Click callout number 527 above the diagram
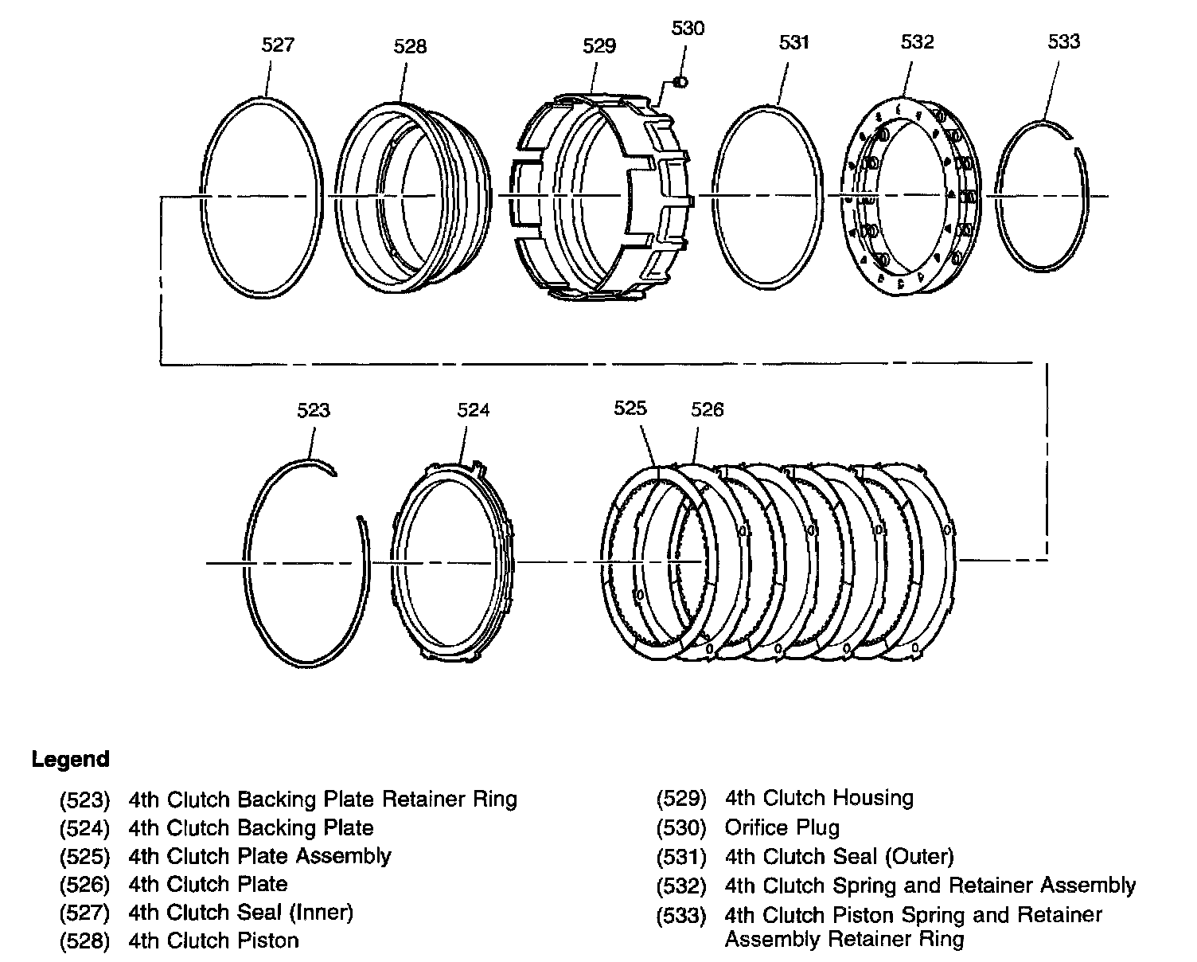click(278, 45)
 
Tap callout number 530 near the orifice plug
click(688, 29)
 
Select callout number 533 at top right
click(1063, 41)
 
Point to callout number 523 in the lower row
click(314, 410)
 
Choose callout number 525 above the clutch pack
click(630, 408)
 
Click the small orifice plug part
click(680, 81)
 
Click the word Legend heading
click(70, 759)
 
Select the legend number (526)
click(84, 884)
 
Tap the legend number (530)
click(681, 828)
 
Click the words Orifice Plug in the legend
click(782, 828)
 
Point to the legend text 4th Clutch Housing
click(819, 798)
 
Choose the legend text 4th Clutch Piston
click(213, 940)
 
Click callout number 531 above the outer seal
click(793, 42)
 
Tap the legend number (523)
click(84, 800)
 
